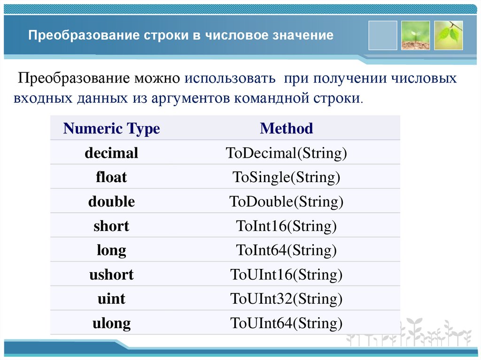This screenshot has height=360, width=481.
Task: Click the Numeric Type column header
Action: click(x=111, y=129)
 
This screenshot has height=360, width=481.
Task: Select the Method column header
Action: click(x=286, y=129)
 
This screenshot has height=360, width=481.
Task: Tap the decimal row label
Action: click(x=111, y=153)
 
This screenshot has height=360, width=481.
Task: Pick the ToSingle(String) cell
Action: click(x=286, y=177)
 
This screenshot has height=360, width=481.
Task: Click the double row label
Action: click(x=111, y=202)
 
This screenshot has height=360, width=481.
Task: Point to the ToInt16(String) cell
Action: click(x=286, y=226)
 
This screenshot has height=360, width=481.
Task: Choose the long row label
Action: click(x=111, y=251)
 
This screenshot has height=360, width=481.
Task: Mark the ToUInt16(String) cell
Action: click(x=286, y=275)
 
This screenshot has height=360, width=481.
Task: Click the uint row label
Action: click(x=111, y=299)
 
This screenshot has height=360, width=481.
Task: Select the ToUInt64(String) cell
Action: click(x=286, y=323)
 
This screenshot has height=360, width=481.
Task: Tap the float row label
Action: click(x=111, y=177)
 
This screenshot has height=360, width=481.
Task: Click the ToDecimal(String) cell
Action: click(x=286, y=153)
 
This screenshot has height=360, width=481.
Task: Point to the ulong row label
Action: click(x=111, y=323)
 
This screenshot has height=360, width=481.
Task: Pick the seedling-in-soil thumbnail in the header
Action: click(x=415, y=35)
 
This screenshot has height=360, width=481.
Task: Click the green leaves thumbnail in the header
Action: click(x=448, y=35)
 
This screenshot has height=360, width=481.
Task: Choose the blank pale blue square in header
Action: click(x=382, y=35)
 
